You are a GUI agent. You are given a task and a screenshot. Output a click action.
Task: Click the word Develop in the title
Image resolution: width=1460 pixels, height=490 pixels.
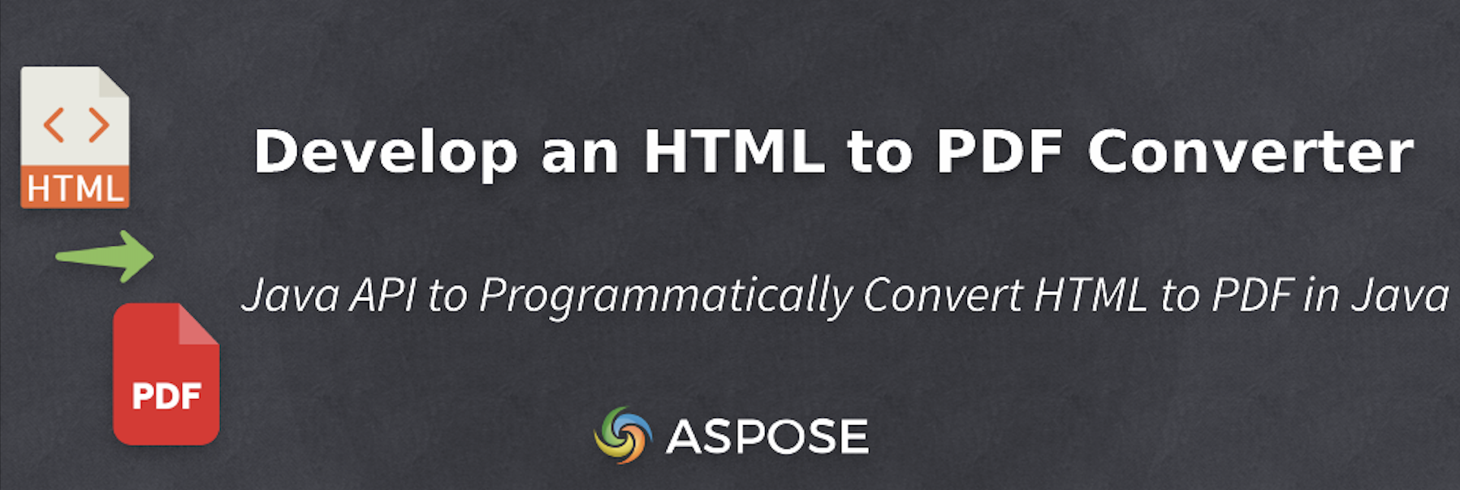[x=385, y=153]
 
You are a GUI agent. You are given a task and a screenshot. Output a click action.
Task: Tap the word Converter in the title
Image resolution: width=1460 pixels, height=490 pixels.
[x=1251, y=151]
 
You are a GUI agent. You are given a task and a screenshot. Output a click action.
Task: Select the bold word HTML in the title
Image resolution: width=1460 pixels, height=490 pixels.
[x=734, y=151]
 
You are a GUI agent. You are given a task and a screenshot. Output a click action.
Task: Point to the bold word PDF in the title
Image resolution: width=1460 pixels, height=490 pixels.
[x=1000, y=151]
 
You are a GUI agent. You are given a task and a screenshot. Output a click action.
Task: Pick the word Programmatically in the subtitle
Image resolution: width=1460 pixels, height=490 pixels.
[x=666, y=296]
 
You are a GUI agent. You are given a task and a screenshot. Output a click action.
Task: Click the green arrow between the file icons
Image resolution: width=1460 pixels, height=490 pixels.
[x=106, y=256]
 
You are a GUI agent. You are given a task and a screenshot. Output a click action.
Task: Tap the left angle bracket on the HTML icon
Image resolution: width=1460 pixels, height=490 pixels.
[x=54, y=125]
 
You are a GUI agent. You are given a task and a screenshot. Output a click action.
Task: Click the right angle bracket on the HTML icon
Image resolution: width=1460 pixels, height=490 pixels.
[x=99, y=125]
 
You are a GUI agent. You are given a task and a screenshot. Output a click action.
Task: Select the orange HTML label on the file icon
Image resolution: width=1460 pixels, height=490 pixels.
[x=75, y=189]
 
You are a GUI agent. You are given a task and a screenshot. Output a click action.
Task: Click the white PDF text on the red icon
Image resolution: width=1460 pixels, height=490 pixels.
[x=166, y=397]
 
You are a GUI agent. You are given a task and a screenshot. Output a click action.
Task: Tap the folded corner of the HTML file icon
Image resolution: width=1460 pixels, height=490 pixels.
[x=113, y=83]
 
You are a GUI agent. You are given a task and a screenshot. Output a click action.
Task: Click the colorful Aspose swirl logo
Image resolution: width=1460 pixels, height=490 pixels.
[x=623, y=436]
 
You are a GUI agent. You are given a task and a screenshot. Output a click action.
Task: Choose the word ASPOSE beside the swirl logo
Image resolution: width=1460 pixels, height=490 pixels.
[x=767, y=437]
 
